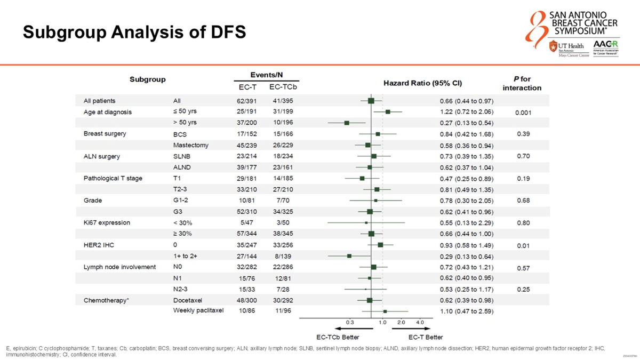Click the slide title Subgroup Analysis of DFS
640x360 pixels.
pyautogui.click(x=134, y=33)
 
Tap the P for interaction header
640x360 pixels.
pyautogui.click(x=522, y=84)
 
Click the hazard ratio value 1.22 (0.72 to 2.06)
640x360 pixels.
pyautogui.click(x=466, y=112)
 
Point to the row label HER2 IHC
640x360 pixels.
pyautogui.click(x=99, y=245)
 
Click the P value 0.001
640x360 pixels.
pyautogui.click(x=523, y=113)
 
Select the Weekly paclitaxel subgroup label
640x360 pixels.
pyautogui.click(x=198, y=310)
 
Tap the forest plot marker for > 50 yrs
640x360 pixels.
pyautogui.click(x=347, y=123)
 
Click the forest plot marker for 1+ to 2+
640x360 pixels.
pyautogui.click(x=349, y=256)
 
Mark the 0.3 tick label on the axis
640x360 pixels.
pyautogui.click(x=350, y=322)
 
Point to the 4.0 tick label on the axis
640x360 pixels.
pyautogui.click(x=420, y=322)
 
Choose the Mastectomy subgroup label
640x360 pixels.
pyautogui.click(x=190, y=145)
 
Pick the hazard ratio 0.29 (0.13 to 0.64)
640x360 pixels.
pyautogui.click(x=466, y=256)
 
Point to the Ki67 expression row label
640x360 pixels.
pyautogui.click(x=107, y=222)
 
